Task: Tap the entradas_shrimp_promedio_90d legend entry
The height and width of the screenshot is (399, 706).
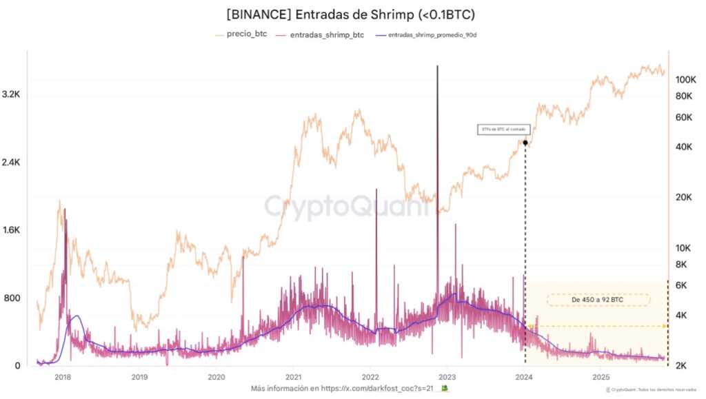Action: point(432,34)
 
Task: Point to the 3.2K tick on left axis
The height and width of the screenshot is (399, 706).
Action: point(16,95)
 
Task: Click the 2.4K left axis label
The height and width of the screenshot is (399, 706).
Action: point(16,163)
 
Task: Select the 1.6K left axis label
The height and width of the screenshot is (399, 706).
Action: point(16,230)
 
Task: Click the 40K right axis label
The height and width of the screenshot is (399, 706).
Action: point(683,147)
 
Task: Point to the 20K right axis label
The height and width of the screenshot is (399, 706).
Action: point(683,197)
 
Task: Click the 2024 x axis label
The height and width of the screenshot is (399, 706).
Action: point(525,377)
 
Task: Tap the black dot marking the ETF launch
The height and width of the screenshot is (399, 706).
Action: point(525,143)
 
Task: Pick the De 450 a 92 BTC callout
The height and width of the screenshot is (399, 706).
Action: point(598,300)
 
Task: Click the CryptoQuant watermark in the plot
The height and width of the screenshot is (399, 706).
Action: point(337,206)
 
